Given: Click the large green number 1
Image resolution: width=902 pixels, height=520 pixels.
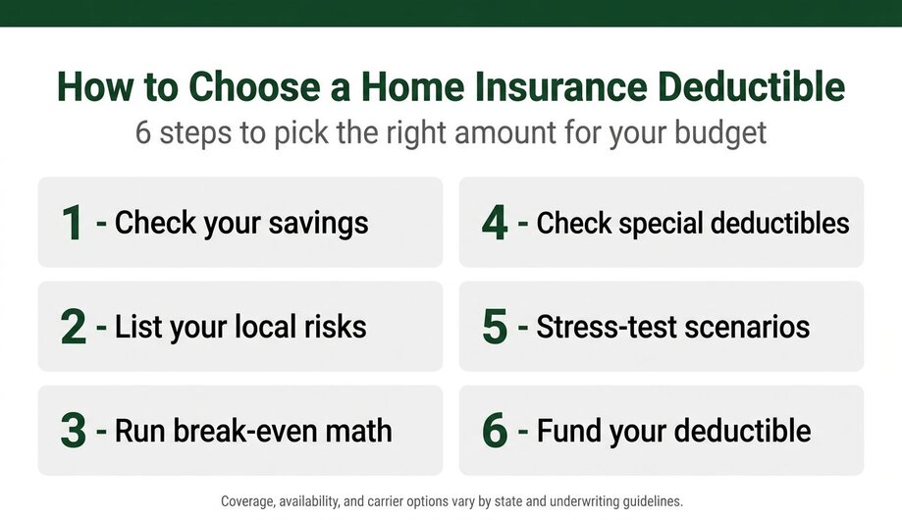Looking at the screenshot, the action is click(73, 223).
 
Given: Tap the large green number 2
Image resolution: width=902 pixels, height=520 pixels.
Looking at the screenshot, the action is click(73, 327).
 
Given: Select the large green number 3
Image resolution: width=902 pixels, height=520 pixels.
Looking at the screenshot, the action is click(73, 431).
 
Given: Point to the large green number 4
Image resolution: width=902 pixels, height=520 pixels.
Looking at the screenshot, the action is click(495, 223).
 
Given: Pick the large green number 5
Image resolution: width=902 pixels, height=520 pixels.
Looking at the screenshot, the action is click(495, 327).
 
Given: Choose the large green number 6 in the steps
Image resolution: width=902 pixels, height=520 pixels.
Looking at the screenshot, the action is click(495, 431).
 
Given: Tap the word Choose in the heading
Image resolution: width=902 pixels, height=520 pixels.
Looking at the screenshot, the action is click(253, 87).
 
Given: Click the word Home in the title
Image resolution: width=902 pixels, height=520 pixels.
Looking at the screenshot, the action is click(412, 87).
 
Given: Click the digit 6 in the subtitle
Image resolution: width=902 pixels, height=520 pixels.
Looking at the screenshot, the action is click(143, 132).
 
